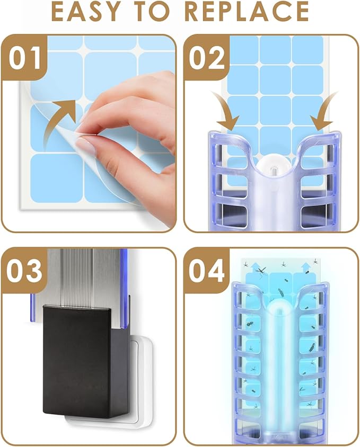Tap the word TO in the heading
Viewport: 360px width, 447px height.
coord(154,12)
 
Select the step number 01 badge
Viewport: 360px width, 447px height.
coord(25,58)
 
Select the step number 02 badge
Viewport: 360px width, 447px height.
coord(207,58)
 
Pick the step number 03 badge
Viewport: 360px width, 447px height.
coord(25,271)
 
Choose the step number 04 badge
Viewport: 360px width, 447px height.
coord(207,271)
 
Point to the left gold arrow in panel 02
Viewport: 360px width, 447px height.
coord(225,111)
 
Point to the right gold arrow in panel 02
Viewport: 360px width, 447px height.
coord(322,111)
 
